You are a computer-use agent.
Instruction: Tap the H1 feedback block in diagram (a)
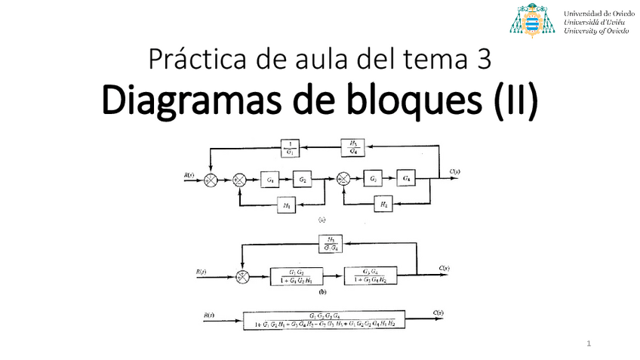pos(288,205)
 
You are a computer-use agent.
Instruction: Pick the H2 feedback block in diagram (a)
pos(384,204)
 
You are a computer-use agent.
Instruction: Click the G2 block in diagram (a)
pos(303,179)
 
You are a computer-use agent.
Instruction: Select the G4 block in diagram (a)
pos(408,179)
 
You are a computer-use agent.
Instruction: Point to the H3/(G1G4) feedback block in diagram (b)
pos(332,242)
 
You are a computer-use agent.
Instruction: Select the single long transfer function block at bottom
pos(324,319)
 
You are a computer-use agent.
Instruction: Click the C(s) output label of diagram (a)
pos(454,172)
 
